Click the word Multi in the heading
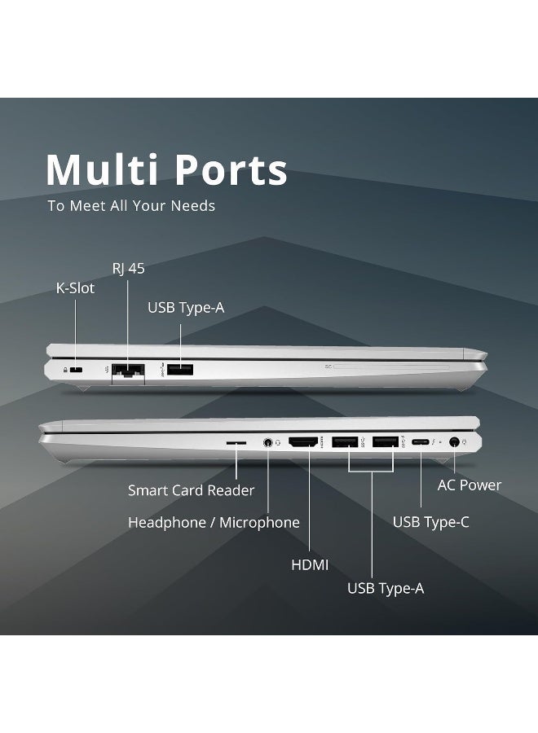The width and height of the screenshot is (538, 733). coord(102,169)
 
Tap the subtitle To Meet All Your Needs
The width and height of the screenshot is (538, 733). coord(131,206)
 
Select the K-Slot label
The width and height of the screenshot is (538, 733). coord(75,288)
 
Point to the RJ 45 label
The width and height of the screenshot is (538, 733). coord(129,268)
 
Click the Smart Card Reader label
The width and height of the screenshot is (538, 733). coord(191,490)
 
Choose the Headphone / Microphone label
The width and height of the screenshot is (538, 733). coord(214,522)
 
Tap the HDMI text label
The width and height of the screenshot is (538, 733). coord(310,564)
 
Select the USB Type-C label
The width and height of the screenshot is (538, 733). coord(431,522)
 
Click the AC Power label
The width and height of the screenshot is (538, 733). coord(470,485)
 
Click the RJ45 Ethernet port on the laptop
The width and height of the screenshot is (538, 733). coord(128,371)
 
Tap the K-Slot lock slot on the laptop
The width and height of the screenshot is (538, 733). coord(76,370)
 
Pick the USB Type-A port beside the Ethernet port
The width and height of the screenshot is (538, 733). coord(180,369)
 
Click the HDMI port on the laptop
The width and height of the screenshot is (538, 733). coord(303,441)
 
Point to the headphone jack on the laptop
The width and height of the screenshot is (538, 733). coord(268,442)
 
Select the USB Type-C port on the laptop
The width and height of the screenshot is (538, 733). coord(421,441)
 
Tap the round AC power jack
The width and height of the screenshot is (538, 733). coord(454,441)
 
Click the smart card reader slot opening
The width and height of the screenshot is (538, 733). coord(236,441)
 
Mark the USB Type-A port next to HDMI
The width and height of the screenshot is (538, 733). coord(345,441)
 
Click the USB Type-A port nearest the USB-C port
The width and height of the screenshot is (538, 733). coord(386,441)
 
